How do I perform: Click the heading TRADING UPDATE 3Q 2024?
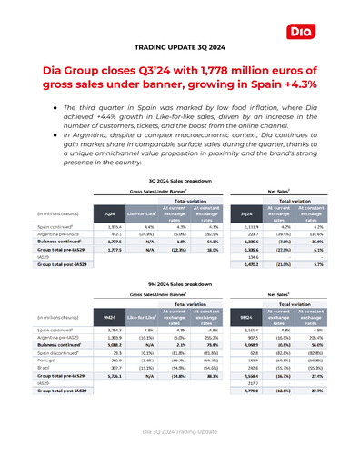(180, 45)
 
